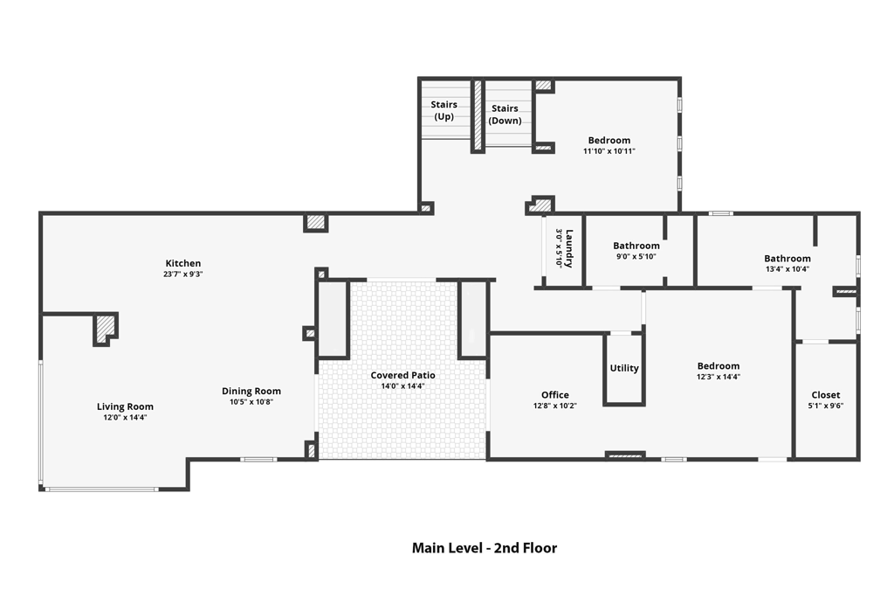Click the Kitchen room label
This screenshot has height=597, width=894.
tap(183, 263)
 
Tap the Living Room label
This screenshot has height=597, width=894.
tap(125, 406)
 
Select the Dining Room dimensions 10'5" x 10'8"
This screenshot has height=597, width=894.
tap(251, 402)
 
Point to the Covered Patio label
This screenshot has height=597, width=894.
tap(402, 375)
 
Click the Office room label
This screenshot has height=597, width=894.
tap(554, 394)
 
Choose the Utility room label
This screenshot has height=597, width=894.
tap(624, 368)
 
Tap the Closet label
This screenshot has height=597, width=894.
tap(826, 394)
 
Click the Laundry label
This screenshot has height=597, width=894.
tap(569, 248)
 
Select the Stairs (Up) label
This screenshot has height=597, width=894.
tap(444, 111)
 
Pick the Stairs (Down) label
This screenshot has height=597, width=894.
tap(505, 115)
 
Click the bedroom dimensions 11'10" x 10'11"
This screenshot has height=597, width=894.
tap(609, 151)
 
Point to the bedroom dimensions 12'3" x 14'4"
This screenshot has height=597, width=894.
tap(719, 377)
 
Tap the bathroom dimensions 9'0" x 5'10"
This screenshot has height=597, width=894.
tap(636, 257)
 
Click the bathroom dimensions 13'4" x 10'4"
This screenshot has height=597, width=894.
tap(787, 269)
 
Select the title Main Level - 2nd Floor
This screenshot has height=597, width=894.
tap(484, 548)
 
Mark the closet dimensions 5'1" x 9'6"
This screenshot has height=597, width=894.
tap(826, 406)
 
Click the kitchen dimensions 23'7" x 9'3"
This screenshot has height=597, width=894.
tap(183, 274)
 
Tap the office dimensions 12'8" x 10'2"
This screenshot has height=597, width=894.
tap(554, 406)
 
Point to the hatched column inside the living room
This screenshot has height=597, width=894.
tap(105, 330)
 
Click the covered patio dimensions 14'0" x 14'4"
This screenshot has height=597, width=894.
tap(402, 386)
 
